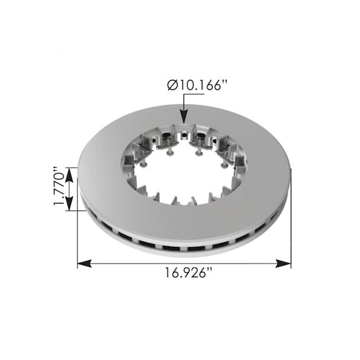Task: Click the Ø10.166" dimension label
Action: pyautogui.click(x=197, y=86)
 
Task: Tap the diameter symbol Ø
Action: pyautogui.click(x=172, y=86)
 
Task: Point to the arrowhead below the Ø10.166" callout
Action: pyautogui.click(x=184, y=118)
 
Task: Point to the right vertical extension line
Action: pyautogui.click(x=291, y=225)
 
